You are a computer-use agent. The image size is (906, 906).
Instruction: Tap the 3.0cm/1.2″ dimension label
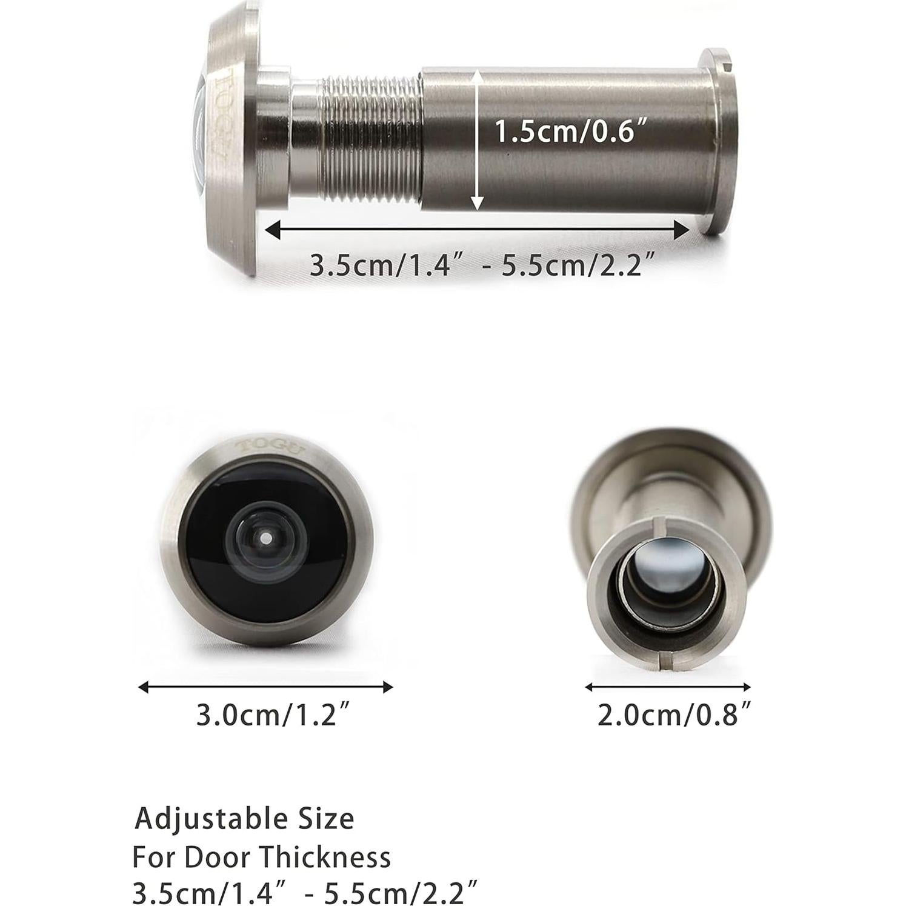click(274, 716)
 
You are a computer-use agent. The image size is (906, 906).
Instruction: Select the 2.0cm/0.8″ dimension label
click(675, 716)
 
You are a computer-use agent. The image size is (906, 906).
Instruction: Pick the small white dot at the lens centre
click(265, 537)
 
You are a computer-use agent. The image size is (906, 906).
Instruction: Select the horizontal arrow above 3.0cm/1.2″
click(265, 687)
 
